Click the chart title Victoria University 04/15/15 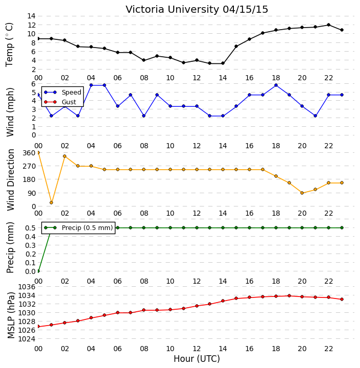tap(197, 9)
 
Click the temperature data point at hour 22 tap(328, 25)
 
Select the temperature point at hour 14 tap(223, 63)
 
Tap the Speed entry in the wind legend tap(63, 92)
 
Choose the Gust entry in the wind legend tap(60, 102)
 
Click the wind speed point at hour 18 tap(276, 85)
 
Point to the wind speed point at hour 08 tap(144, 116)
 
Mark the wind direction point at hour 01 tap(52, 202)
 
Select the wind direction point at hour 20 tap(302, 193)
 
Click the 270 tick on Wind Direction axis tap(29, 166)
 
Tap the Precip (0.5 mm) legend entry tap(78, 227)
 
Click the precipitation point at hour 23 tap(342, 227)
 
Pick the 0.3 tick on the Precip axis tap(31, 245)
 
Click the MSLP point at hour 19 tap(289, 296)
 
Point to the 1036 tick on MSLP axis tap(27, 287)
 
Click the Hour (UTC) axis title tap(197, 359)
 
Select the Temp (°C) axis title tap(9, 44)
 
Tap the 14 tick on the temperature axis tap(32, 16)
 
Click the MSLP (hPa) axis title tap(11, 315)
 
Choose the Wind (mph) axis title tap(10, 112)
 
